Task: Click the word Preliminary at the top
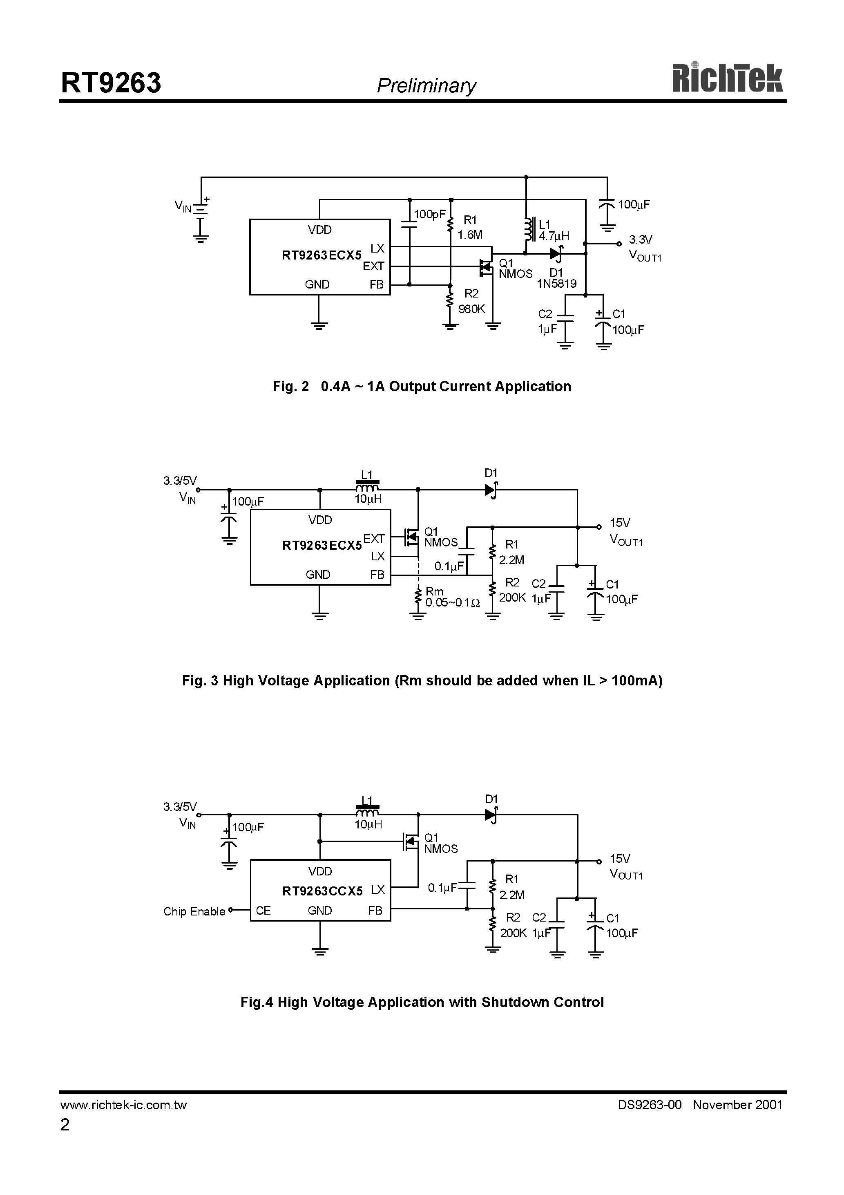426,86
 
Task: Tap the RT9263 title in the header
111,83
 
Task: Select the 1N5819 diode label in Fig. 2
556,284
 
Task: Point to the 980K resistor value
471,309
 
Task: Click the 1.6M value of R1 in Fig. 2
470,235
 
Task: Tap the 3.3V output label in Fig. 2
640,239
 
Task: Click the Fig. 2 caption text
422,386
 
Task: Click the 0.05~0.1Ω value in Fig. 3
452,603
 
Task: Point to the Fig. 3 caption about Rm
422,681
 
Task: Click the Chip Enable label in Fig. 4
194,911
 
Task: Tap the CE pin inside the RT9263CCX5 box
263,910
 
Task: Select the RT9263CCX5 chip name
322,891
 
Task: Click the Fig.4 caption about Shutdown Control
422,1002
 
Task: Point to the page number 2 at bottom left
65,1125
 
